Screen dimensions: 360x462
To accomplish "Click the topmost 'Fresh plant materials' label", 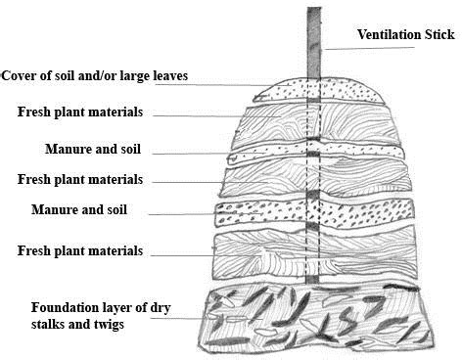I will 80,112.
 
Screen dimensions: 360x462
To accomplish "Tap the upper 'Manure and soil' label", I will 93,149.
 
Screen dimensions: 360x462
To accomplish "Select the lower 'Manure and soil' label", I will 93,209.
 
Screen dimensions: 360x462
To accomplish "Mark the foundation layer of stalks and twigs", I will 313,318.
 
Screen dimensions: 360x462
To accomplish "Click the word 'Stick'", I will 436,36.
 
